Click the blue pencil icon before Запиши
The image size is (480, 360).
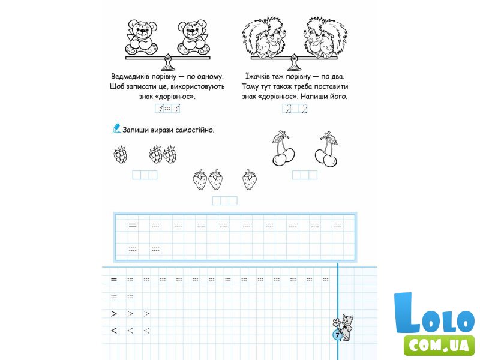(117, 128)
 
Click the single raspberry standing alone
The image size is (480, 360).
(121, 155)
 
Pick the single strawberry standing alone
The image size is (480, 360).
(250, 179)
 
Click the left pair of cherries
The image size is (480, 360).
(283, 148)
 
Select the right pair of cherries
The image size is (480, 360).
(326, 149)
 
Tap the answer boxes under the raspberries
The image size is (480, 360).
(145, 175)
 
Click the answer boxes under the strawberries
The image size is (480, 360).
(224, 201)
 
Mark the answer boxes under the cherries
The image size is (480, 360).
(305, 175)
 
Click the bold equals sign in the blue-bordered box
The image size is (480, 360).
(133, 226)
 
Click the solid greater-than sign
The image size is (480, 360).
(114, 314)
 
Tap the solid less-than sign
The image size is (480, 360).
(114, 331)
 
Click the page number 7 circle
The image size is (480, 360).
(337, 335)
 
